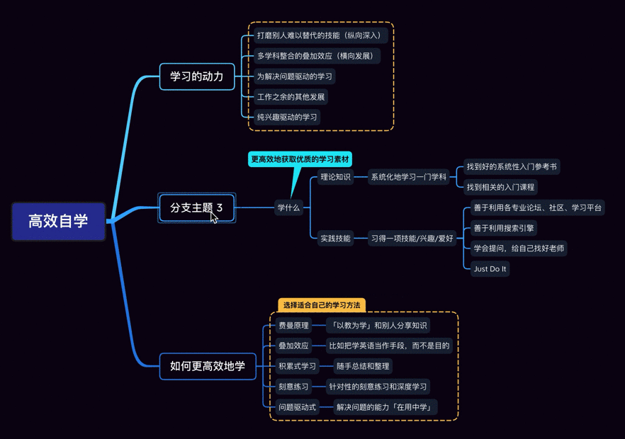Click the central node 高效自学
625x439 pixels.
coord(58,221)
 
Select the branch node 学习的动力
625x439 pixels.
coord(197,76)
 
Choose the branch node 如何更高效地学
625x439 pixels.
coord(207,366)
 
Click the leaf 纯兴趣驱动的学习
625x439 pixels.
coord(287,117)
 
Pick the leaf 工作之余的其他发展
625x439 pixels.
coord(291,97)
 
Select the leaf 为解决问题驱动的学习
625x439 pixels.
coord(294,76)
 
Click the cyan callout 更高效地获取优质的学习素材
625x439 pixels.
coord(300,159)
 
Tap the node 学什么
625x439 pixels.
coord(288,207)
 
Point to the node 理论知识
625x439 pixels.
coord(335,177)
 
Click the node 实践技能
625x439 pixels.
coord(335,239)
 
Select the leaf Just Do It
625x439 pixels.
coord(490,269)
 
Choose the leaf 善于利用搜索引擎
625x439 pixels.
coord(504,228)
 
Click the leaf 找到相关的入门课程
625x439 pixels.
coord(500,187)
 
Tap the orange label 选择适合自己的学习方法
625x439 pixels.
coord(322,305)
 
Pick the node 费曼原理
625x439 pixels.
coord(293,326)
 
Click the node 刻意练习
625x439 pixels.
coord(293,387)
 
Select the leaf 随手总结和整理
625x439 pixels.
coord(363,366)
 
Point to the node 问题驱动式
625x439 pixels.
coord(298,407)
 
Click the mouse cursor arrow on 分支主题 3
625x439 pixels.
coord(214,217)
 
